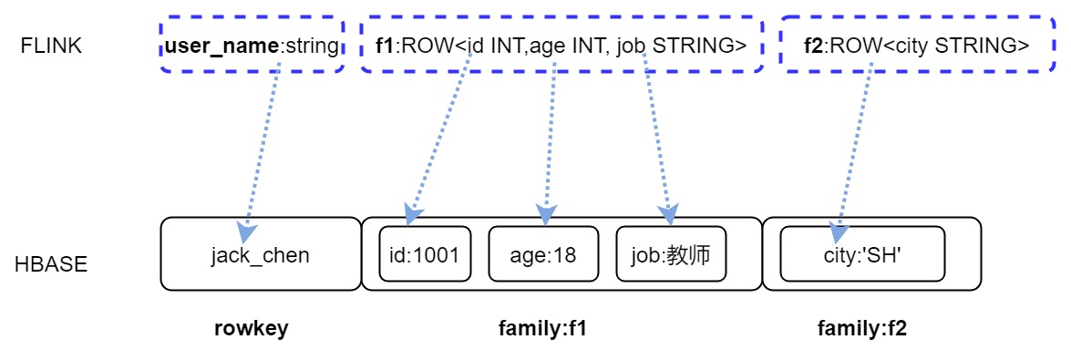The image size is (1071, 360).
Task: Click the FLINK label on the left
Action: (51, 46)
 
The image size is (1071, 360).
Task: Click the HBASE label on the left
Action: (51, 265)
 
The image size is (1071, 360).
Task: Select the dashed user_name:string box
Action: (252, 46)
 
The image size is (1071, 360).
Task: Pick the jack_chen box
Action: (261, 254)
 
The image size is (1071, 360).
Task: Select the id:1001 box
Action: (425, 254)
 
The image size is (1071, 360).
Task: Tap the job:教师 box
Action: (671, 254)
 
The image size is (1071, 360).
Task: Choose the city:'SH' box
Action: (862, 254)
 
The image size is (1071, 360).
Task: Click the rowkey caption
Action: (251, 329)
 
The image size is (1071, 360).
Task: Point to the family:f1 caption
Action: (542, 329)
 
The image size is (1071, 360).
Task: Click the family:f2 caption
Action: (862, 329)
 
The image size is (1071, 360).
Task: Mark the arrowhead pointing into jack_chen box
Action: (245, 233)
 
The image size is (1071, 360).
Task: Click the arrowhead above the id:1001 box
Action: (410, 216)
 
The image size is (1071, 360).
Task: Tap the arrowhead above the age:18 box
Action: (546, 215)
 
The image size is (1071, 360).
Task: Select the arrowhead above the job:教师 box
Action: (670, 216)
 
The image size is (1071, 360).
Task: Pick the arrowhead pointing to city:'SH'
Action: (839, 233)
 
